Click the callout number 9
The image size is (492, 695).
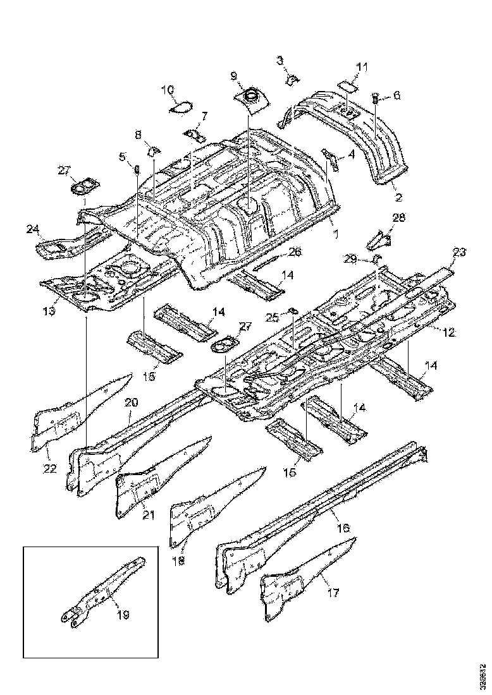point(234,76)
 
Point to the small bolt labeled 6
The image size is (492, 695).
point(374,98)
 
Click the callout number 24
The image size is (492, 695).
point(33,229)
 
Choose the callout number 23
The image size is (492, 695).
point(459,252)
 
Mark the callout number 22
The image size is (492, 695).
point(49,468)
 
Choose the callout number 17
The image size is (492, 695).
point(333,593)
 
